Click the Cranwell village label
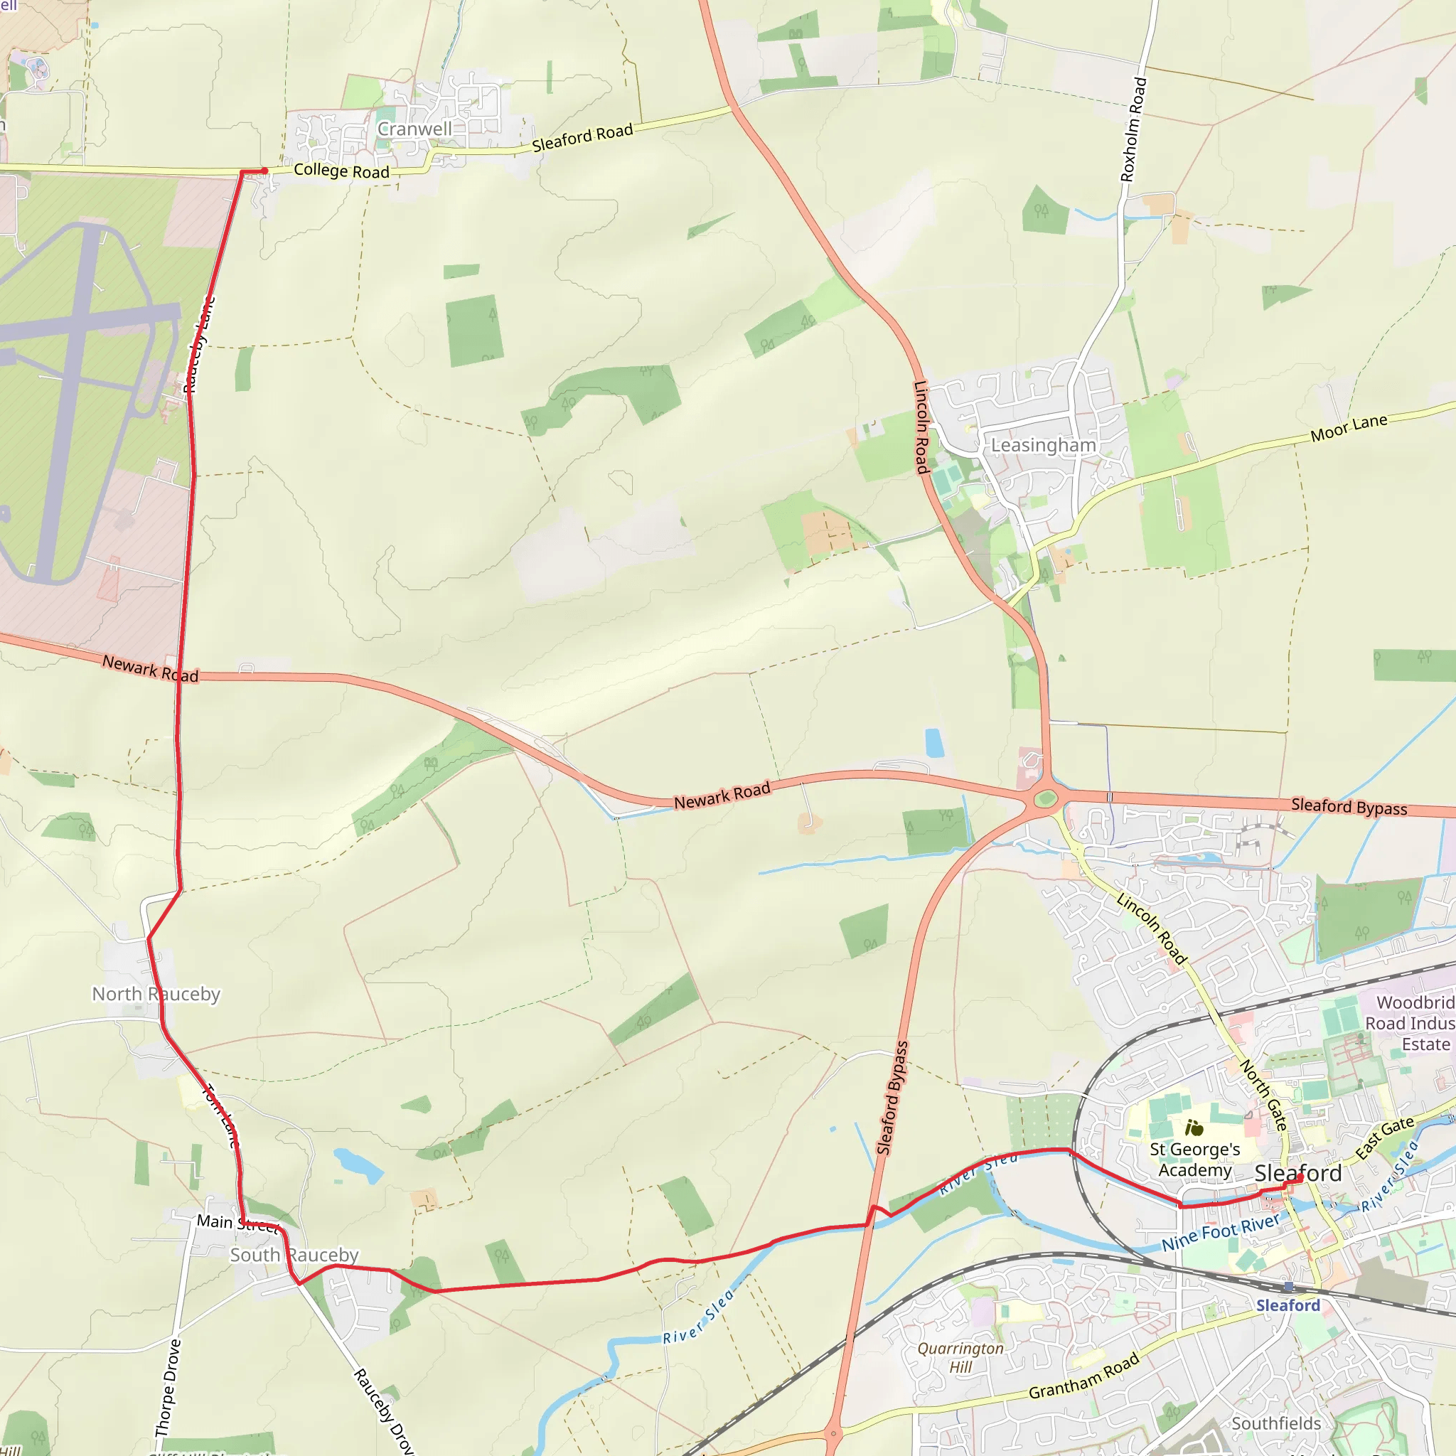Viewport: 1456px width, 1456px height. click(414, 129)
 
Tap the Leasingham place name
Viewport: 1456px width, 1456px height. click(1043, 445)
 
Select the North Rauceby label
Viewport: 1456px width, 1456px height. click(156, 994)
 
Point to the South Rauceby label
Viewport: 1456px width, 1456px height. click(294, 1255)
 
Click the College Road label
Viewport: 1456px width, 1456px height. click(341, 171)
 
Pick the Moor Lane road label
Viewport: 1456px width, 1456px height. click(1348, 428)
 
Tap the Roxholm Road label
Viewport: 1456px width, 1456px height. click(1133, 129)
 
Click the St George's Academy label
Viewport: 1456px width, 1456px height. click(1194, 1160)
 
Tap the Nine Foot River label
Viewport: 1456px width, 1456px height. click(1220, 1232)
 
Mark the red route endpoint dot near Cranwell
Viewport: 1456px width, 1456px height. click(264, 171)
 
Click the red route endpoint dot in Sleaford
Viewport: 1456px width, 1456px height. click(1300, 1177)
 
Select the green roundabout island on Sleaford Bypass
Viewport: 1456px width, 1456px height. click(1045, 799)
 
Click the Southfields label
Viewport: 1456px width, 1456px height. click(1276, 1423)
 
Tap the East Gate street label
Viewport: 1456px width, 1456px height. click(1384, 1138)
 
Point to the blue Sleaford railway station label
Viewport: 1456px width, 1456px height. click(1288, 1305)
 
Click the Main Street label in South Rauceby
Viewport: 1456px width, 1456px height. click(237, 1222)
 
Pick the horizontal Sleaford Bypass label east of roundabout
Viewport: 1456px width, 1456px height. click(1349, 806)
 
